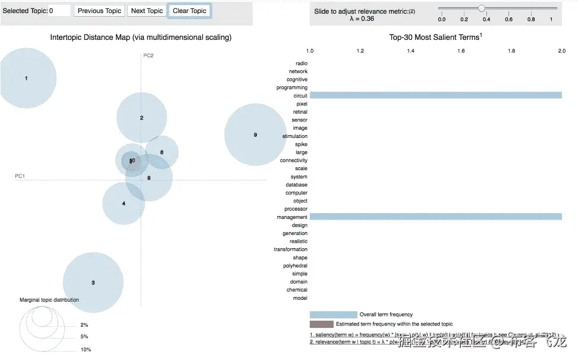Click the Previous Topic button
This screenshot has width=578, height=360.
pyautogui.click(x=99, y=11)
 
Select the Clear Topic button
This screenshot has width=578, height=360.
pyautogui.click(x=190, y=11)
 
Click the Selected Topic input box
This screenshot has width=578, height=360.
pyautogui.click(x=59, y=11)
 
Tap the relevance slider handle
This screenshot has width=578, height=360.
pyautogui.click(x=482, y=8)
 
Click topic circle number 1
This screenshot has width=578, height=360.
pyautogui.click(x=26, y=78)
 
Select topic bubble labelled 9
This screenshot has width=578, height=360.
pyautogui.click(x=255, y=135)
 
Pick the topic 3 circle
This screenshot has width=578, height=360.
pyautogui.click(x=93, y=282)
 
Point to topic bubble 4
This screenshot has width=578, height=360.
pyautogui.click(x=124, y=204)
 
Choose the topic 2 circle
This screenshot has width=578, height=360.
pyautogui.click(x=142, y=118)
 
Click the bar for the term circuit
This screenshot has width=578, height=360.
pyautogui.click(x=435, y=95)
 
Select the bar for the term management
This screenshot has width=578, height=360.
pyautogui.click(x=435, y=217)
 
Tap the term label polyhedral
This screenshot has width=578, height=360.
pyautogui.click(x=296, y=265)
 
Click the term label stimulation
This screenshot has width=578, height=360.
pyautogui.click(x=295, y=136)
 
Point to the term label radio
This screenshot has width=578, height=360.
pyautogui.click(x=301, y=63)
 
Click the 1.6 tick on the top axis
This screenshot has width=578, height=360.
pyautogui.click(x=461, y=52)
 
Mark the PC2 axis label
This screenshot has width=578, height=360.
pyautogui.click(x=148, y=55)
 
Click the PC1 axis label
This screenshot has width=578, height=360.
pyautogui.click(x=20, y=176)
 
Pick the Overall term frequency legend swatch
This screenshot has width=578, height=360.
pyautogui.click(x=333, y=314)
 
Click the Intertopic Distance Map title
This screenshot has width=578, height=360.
pyautogui.click(x=141, y=37)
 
